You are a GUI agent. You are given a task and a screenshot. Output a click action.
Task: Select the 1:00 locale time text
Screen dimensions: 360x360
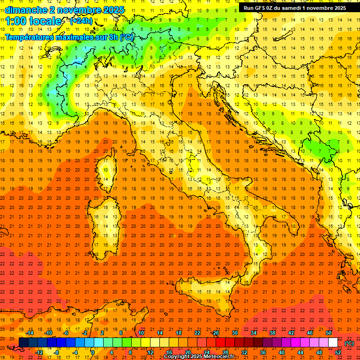coord(33,21)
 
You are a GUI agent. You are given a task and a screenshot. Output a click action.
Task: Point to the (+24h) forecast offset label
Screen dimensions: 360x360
coord(81,21)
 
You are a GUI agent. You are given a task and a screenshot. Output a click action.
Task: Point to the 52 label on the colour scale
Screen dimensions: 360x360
coord(338,352)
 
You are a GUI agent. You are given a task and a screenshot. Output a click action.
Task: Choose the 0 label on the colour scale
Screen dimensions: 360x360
coord(92,352)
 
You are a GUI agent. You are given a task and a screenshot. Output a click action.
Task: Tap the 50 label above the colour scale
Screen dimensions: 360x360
coord(329,333)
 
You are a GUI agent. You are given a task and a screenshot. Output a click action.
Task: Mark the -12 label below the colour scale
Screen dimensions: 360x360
coord(39,352)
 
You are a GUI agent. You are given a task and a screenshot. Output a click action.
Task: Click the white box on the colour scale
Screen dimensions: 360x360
coord(333,343)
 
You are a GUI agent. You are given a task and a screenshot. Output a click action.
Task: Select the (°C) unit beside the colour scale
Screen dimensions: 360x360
coord(349,343)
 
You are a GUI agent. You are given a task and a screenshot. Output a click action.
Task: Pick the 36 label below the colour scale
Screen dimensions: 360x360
coord(262,352)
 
